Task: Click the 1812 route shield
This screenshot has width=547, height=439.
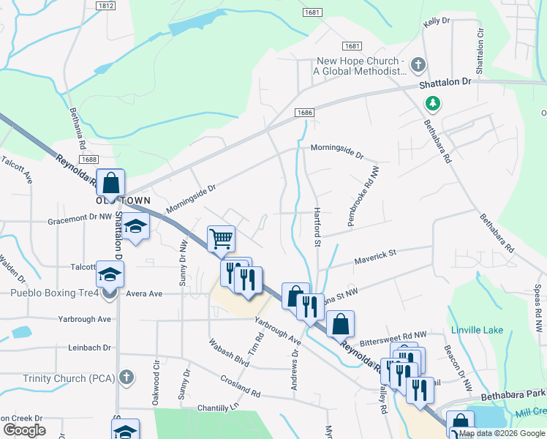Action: point(105,5)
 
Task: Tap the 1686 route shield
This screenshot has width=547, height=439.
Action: point(305,113)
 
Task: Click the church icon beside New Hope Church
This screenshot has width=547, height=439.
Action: point(418,65)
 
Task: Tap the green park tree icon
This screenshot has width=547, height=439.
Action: point(433,103)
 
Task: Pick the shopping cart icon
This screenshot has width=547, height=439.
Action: point(221,239)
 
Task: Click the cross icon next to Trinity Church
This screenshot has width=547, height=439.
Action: point(127,377)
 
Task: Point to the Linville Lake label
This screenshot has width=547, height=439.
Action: point(478,330)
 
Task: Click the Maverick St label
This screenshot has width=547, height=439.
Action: point(375,255)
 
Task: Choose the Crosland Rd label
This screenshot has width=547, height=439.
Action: point(241,386)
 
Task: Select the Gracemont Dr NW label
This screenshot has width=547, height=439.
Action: point(80,218)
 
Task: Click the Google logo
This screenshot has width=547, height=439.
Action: point(24,429)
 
